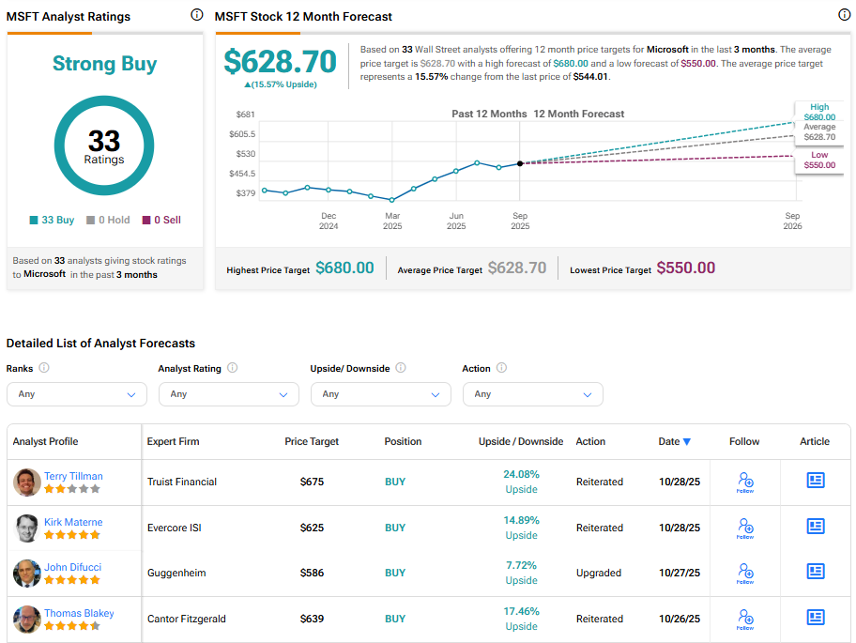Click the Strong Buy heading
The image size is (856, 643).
(x=104, y=64)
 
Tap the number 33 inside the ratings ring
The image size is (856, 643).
(x=104, y=141)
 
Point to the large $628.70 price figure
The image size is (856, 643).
(x=280, y=61)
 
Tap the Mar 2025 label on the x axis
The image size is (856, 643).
(x=391, y=221)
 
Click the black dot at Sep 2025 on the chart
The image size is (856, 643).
(x=520, y=163)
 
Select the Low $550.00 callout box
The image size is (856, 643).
(x=818, y=160)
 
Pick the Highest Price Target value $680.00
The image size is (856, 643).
(x=344, y=268)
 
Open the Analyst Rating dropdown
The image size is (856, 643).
(x=229, y=394)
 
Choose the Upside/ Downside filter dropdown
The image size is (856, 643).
(x=381, y=394)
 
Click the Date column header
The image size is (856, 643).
(x=674, y=441)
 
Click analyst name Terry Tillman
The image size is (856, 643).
(x=73, y=476)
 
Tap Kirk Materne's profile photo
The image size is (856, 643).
(x=27, y=528)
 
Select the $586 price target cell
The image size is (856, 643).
(x=312, y=573)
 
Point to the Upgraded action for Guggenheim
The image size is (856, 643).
(x=599, y=573)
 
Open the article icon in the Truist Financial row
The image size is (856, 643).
(x=816, y=481)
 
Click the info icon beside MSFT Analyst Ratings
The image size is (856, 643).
(x=196, y=15)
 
